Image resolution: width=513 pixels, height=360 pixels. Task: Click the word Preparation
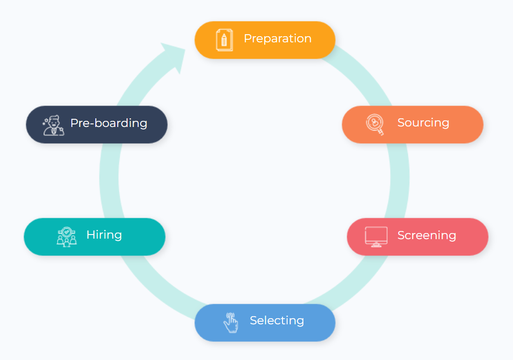click(x=277, y=39)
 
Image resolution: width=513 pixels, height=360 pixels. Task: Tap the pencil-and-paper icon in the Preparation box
click(x=224, y=40)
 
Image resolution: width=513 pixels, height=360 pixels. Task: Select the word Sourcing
click(x=423, y=123)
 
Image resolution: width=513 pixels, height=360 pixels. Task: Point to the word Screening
click(x=426, y=236)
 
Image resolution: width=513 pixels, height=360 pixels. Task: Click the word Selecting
click(x=277, y=321)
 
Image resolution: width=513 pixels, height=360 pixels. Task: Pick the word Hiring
click(x=104, y=235)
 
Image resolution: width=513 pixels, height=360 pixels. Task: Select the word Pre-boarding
click(x=109, y=123)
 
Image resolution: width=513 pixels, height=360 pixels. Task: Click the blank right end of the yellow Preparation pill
click(x=324, y=40)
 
